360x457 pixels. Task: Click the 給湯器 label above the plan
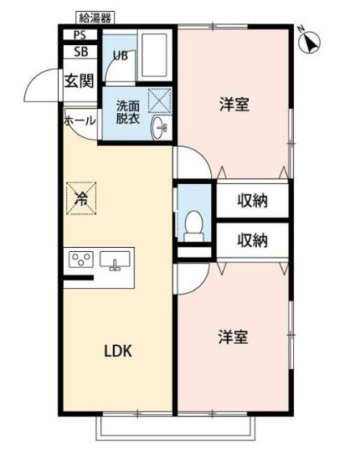point(95,18)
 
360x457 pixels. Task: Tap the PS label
point(80,35)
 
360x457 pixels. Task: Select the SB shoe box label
point(80,52)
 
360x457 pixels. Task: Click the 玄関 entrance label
point(79,80)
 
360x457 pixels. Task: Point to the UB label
point(120,55)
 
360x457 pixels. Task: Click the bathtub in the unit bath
point(154,55)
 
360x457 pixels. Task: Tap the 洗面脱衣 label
point(128,112)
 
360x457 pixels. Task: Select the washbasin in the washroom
point(159,128)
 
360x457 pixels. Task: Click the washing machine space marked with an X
point(159,100)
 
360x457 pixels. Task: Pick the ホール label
point(80,121)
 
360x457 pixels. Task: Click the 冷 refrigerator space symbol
point(81,198)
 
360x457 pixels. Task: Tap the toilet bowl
point(194,226)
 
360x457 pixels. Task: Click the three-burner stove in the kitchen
point(81,259)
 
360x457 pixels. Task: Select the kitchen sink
point(115,259)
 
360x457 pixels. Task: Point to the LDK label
point(118,352)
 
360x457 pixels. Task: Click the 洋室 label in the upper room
point(234,105)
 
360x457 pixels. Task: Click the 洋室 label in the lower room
point(234,336)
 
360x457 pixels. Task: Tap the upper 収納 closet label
point(253,201)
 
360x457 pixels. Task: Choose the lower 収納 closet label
point(253,240)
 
